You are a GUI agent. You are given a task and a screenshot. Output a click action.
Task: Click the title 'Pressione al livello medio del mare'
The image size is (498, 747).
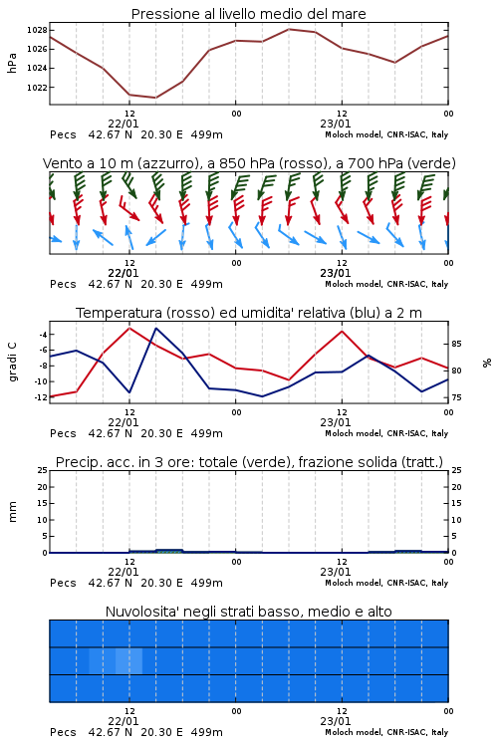(x=248, y=14)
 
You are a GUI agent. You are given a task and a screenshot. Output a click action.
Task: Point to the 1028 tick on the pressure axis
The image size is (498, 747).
(x=37, y=30)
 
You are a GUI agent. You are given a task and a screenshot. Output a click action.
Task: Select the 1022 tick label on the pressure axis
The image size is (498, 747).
(x=37, y=88)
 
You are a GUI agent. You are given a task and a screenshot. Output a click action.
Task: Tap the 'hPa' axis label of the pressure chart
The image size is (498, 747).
(x=12, y=63)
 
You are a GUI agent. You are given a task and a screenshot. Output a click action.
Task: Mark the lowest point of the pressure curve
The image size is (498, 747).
(x=155, y=98)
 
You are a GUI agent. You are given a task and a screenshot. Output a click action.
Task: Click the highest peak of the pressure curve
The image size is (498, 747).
(x=289, y=29)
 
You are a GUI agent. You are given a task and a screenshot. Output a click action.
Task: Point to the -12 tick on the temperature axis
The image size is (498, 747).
(x=42, y=396)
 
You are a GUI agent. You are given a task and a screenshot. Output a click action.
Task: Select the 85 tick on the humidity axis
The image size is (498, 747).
(x=456, y=344)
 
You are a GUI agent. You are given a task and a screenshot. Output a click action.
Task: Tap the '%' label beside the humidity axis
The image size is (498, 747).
(x=487, y=363)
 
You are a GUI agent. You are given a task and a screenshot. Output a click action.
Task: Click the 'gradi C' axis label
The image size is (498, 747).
(x=12, y=363)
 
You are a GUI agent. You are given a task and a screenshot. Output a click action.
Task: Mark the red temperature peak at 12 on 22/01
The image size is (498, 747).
(x=129, y=328)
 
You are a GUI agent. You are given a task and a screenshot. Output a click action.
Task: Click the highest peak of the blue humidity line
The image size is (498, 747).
(x=155, y=328)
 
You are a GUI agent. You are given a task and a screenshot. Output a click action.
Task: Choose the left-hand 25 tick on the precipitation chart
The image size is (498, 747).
(x=43, y=470)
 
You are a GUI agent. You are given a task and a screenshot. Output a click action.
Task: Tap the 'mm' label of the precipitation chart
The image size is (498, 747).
(x=12, y=512)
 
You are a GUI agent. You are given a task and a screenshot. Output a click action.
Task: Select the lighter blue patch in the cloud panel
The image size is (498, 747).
(x=116, y=660)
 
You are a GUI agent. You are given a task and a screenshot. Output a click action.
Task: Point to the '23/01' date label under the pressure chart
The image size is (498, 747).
(x=336, y=124)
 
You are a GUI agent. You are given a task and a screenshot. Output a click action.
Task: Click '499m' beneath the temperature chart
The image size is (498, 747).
(x=207, y=433)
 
